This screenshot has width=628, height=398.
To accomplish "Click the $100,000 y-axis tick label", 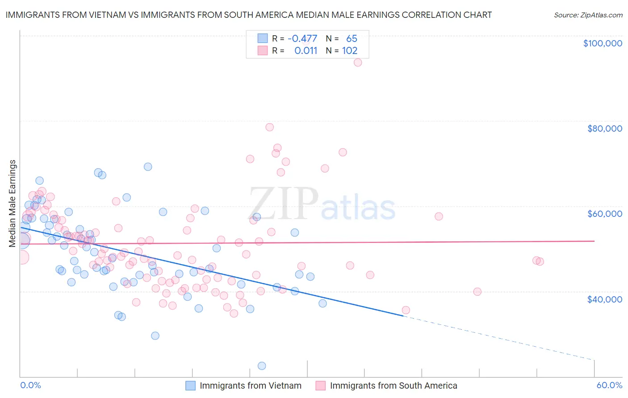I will pyautogui.click(x=602, y=43).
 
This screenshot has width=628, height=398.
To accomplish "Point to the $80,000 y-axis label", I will pyautogui.click(x=604, y=129).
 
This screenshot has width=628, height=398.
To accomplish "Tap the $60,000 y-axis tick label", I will pyautogui.click(x=604, y=214).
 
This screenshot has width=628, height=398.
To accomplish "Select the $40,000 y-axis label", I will pyautogui.click(x=604, y=299).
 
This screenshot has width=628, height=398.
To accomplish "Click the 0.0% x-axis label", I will pyautogui.click(x=30, y=385).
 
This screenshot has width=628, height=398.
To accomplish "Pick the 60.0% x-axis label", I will pyautogui.click(x=609, y=385).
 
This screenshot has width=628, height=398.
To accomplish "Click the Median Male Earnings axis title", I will pyautogui.click(x=13, y=203).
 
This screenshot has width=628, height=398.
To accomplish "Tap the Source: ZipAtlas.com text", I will pyautogui.click(x=588, y=15).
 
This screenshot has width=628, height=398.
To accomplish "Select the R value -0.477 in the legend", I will pyautogui.click(x=302, y=39).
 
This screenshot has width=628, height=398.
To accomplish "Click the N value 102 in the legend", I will pyautogui.click(x=350, y=51).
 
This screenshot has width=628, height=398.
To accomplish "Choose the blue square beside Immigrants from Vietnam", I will pyautogui.click(x=191, y=386).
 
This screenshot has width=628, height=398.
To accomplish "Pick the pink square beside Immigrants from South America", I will pyautogui.click(x=321, y=386).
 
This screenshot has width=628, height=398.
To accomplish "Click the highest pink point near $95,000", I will pyautogui.click(x=357, y=62).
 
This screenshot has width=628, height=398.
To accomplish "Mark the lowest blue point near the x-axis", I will pyautogui.click(x=262, y=366).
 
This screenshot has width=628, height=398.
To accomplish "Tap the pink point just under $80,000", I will pyautogui.click(x=269, y=127).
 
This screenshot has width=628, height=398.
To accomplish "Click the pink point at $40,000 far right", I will pyautogui.click(x=477, y=292).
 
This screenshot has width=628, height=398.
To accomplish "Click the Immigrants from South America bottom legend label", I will pyautogui.click(x=393, y=386).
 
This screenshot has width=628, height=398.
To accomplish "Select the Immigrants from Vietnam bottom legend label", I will pyautogui.click(x=250, y=386).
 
